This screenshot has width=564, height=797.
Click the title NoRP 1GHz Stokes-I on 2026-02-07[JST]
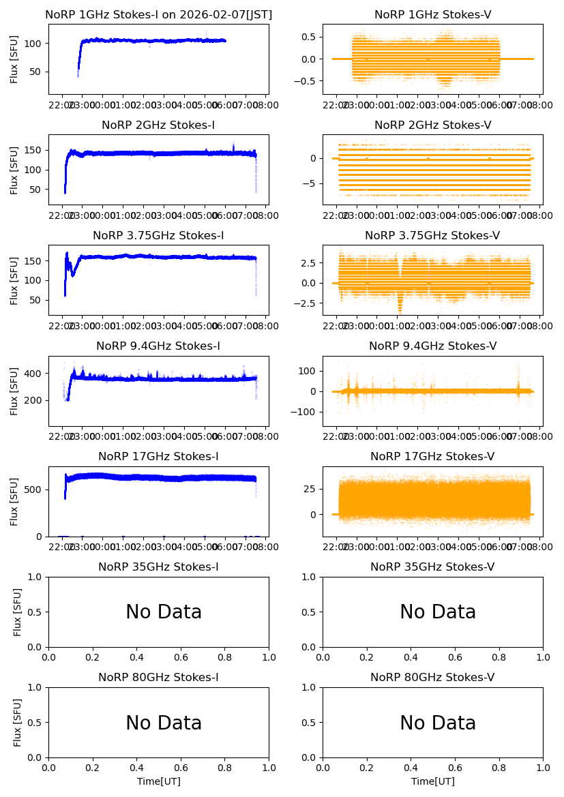pyautogui.click(x=158, y=15)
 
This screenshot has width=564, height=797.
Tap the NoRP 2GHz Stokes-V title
pyautogui.click(x=432, y=125)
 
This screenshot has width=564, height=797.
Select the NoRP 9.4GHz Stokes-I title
pyautogui.click(x=158, y=346)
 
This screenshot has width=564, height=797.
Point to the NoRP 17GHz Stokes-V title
pyautogui.click(x=432, y=457)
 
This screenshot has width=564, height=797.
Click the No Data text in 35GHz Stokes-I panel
pyautogui.click(x=164, y=612)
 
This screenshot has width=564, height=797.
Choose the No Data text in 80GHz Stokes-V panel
pyautogui.click(x=438, y=723)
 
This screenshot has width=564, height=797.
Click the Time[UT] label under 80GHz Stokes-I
pyautogui.click(x=158, y=781)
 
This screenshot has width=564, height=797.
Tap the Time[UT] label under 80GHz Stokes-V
pyautogui.click(x=432, y=781)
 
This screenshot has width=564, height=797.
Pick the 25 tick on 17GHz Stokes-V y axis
pyautogui.click(x=310, y=489)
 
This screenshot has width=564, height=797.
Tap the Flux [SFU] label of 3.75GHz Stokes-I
pyautogui.click(x=14, y=281)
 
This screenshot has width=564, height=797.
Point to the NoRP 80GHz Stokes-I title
pyautogui.click(x=158, y=678)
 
